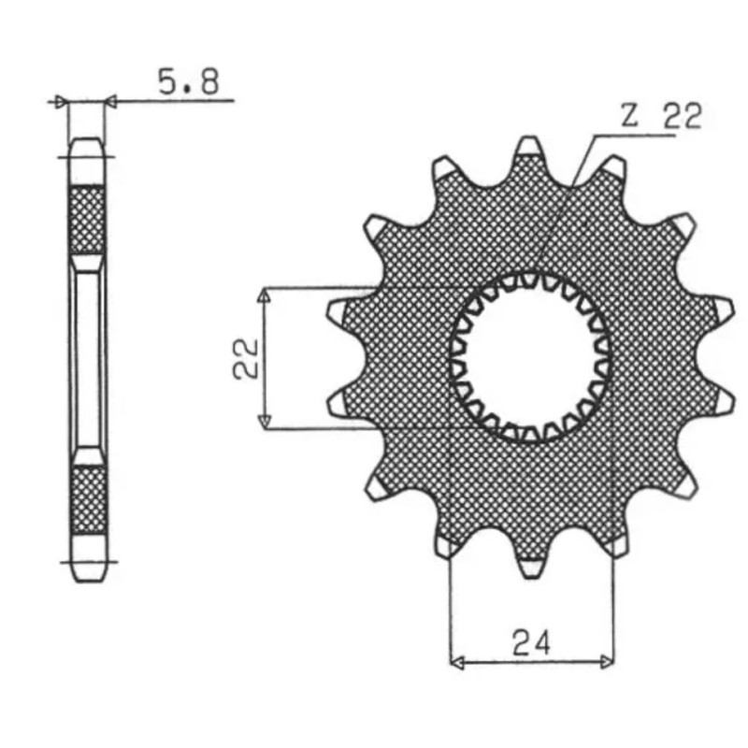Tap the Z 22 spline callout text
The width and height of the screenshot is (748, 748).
[x=660, y=117]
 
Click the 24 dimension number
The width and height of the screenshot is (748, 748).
[x=531, y=642]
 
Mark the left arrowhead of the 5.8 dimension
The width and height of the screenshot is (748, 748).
[x=63, y=99]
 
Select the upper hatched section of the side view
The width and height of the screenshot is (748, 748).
[x=87, y=219]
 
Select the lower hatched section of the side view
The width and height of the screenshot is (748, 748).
[x=88, y=500]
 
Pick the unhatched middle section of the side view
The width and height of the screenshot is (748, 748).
[x=88, y=360]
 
